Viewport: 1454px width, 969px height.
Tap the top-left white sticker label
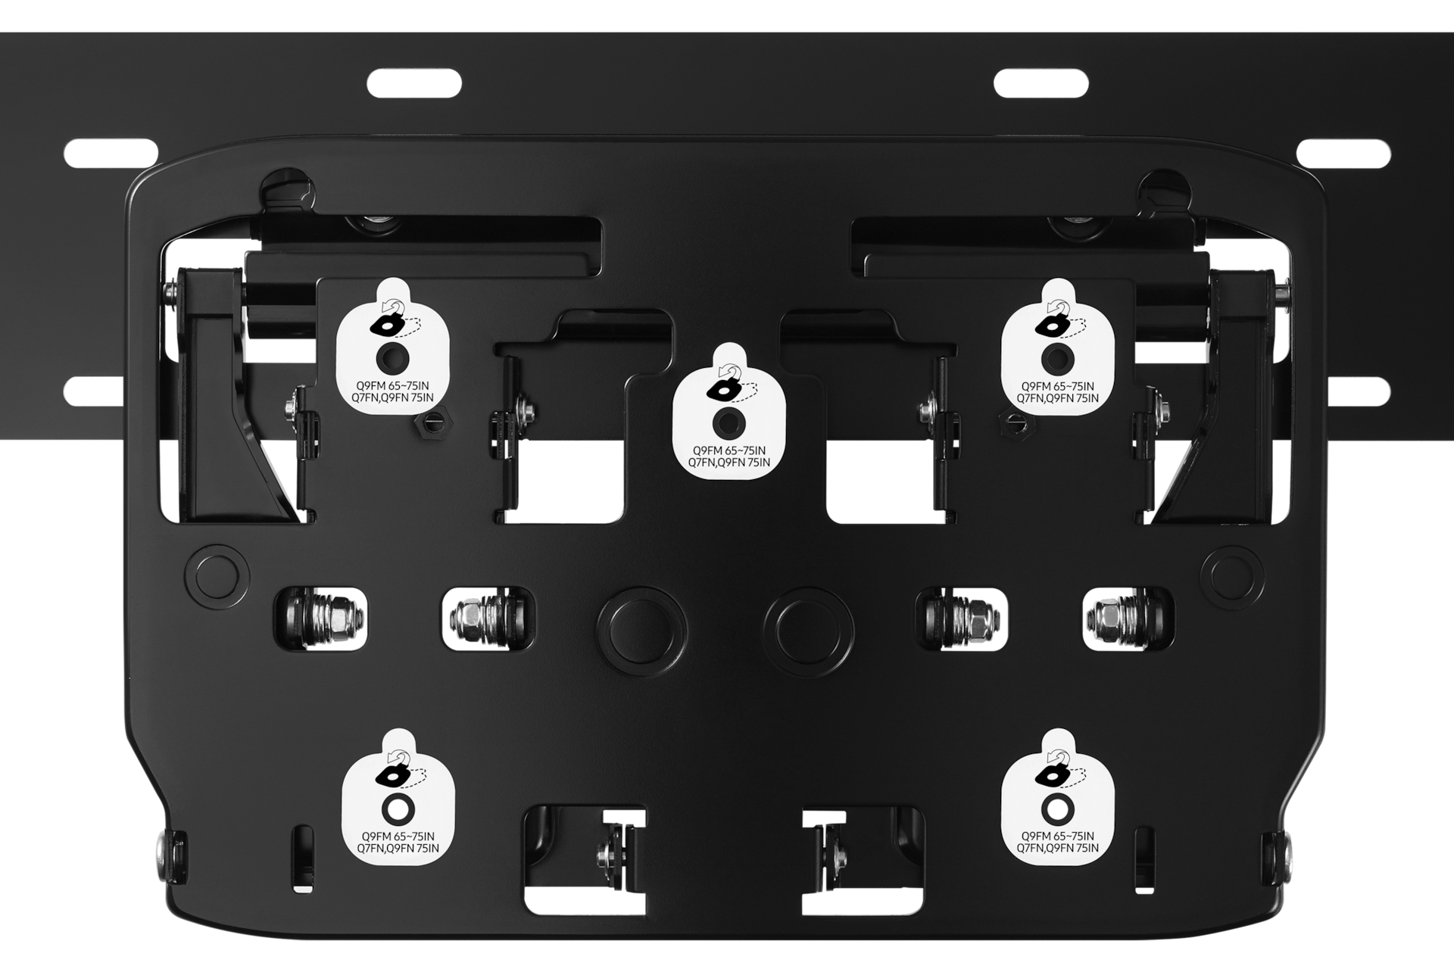tap(393, 348)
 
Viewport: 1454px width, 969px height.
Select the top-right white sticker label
tap(1058, 348)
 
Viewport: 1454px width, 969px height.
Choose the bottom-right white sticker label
tap(1058, 799)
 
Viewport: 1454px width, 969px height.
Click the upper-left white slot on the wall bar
tap(414, 83)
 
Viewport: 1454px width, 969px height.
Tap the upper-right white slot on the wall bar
tap(1041, 83)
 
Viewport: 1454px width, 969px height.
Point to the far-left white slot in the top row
tap(111, 153)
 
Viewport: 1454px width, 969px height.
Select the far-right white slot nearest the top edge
tap(1343, 153)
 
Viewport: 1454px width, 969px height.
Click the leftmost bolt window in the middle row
tap(320, 618)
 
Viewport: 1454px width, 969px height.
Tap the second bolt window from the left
tap(488, 618)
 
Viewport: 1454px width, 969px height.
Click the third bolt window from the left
tap(962, 618)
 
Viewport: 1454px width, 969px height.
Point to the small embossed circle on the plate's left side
tap(218, 576)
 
